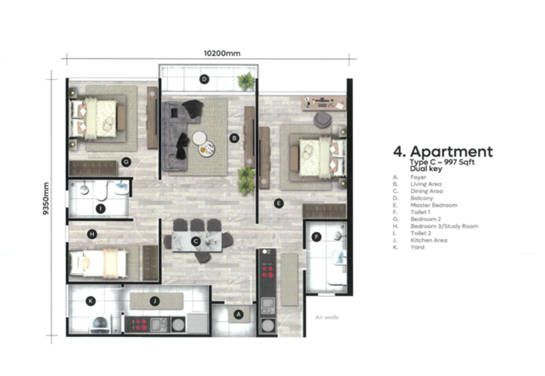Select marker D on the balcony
click(x=204, y=79)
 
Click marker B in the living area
click(x=234, y=138)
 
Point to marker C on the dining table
click(x=196, y=240)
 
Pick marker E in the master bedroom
click(x=278, y=203)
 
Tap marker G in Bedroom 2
click(x=126, y=161)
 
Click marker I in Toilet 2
click(x=100, y=208)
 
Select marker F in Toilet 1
click(x=316, y=237)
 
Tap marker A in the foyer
click(x=238, y=314)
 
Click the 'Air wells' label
click(x=326, y=317)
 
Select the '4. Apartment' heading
click(x=443, y=151)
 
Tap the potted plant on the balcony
click(x=246, y=82)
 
